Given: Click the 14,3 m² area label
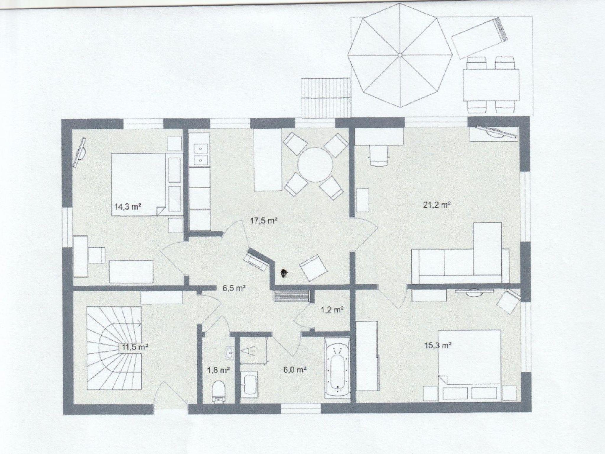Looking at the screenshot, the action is pos(128,206).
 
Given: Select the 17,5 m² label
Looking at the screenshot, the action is pos(264,221).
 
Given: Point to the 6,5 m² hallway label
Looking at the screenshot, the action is pos(234,288).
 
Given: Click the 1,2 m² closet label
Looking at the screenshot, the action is pos(332,310).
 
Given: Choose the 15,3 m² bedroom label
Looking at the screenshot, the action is pos(438,345).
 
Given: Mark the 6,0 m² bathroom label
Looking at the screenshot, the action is pos(295,370).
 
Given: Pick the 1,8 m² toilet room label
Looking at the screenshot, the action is pos(219,370).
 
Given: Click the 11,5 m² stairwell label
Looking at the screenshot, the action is pos(135,347).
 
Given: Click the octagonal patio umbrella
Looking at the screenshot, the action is pos(400,55).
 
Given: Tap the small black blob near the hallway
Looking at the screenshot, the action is pos(284,273).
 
